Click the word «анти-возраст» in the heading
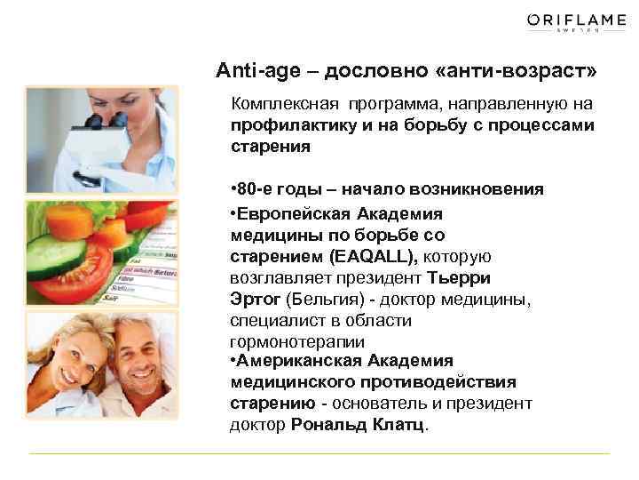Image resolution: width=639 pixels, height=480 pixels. click(x=532, y=69)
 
